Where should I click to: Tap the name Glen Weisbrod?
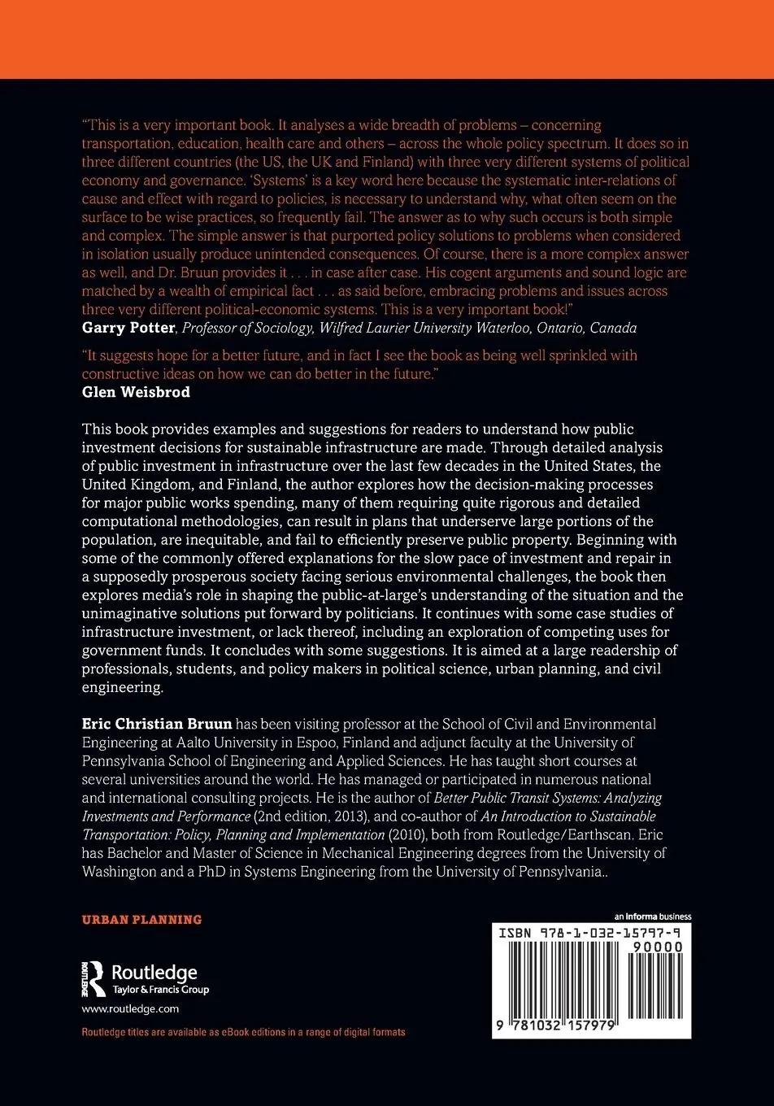click(136, 391)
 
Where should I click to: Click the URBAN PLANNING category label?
click(141, 920)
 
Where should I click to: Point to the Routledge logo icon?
click(93, 978)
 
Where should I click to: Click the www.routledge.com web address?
click(130, 1008)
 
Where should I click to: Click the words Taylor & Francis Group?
click(159, 990)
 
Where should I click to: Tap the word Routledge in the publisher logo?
click(154, 973)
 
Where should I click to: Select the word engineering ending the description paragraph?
click(121, 687)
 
